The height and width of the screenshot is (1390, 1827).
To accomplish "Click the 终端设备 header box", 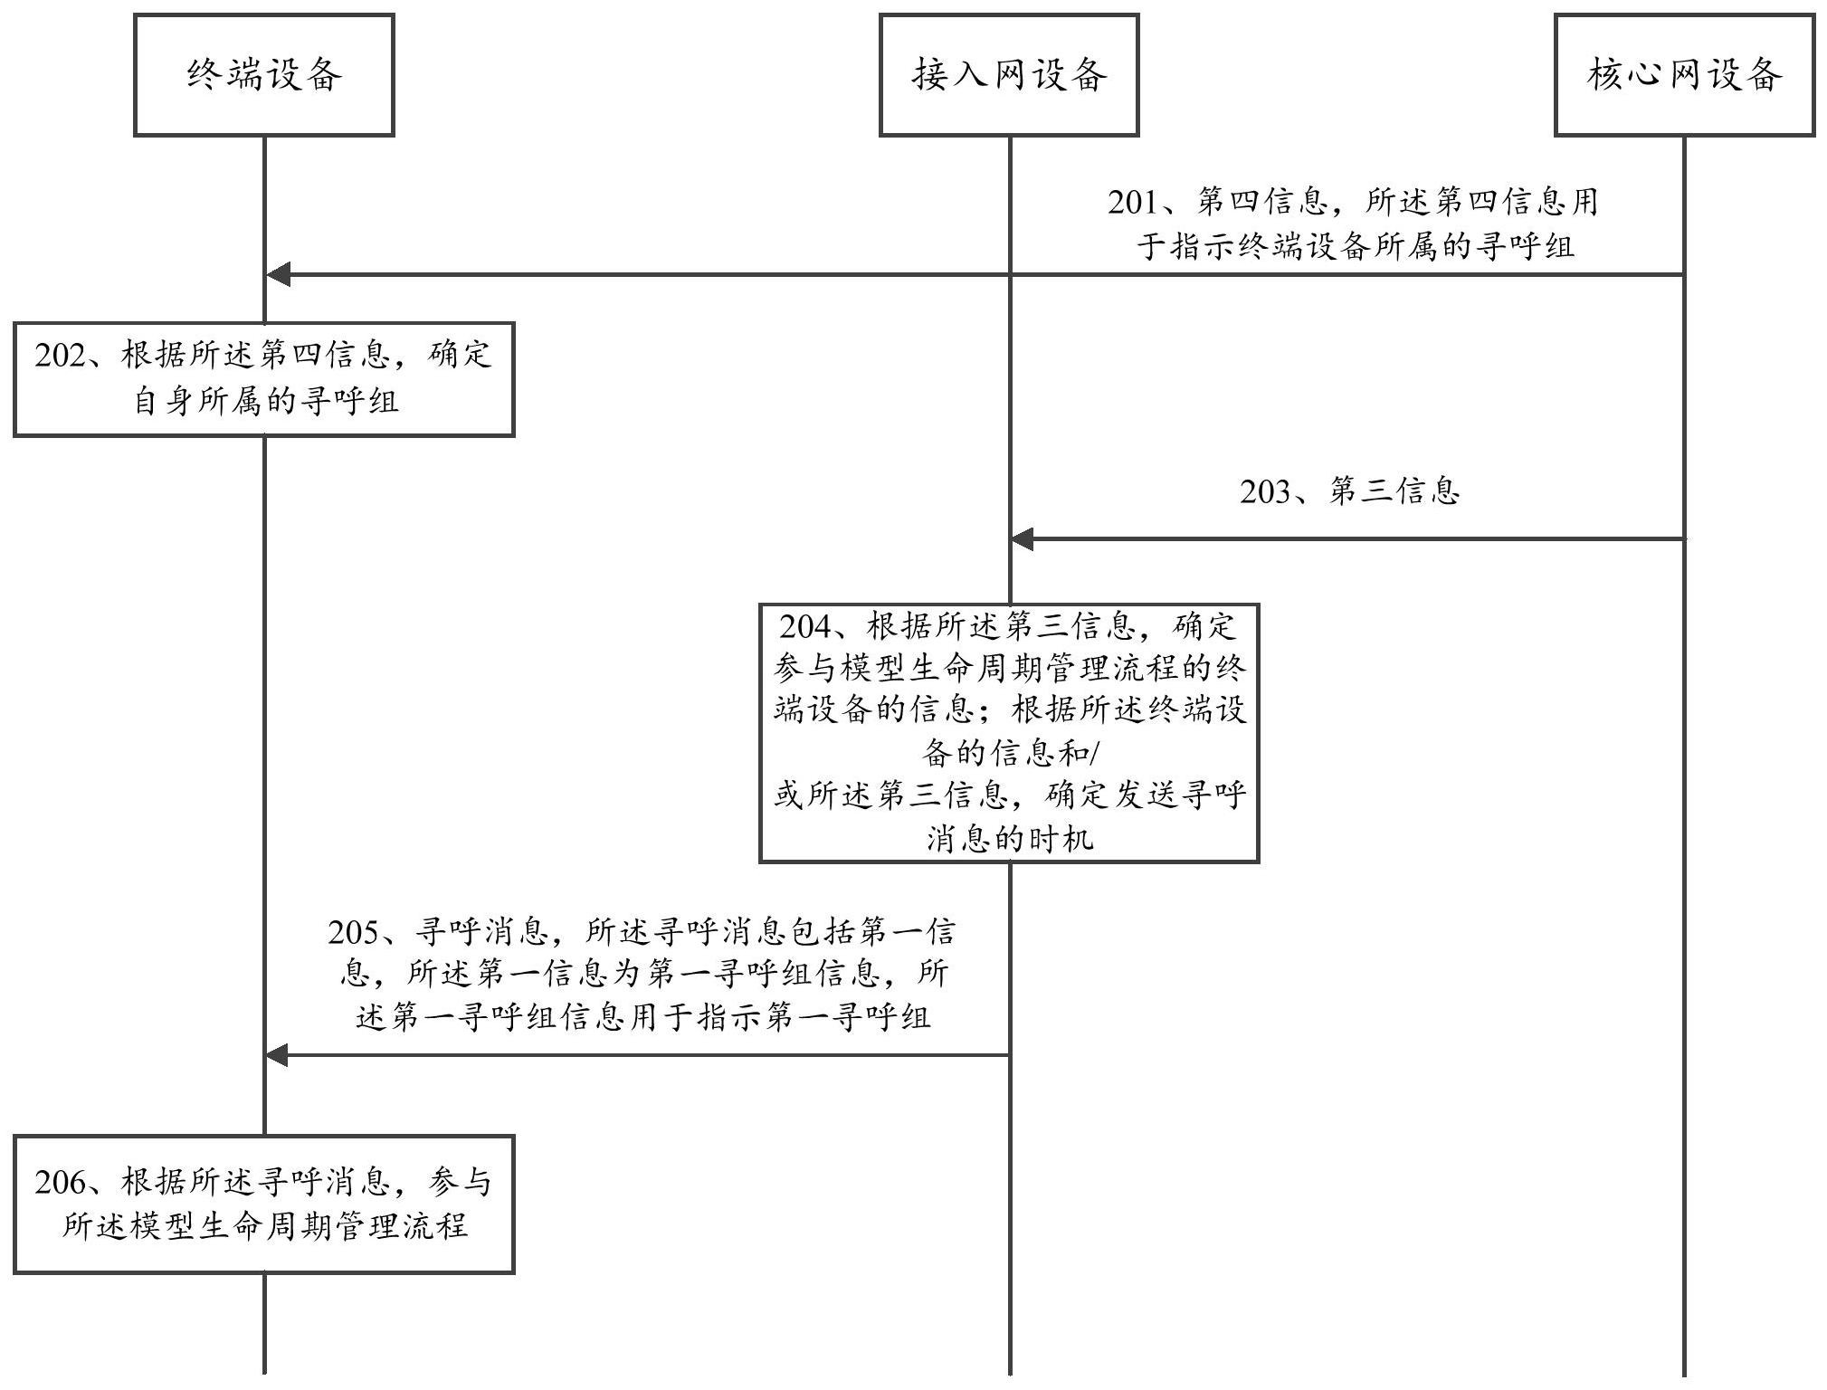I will click(x=264, y=75).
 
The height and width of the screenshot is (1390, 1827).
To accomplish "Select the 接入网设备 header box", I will click(x=1009, y=75).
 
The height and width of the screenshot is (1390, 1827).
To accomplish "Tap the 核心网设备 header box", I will click(x=1684, y=75).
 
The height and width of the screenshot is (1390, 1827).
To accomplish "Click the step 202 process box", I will click(x=264, y=379).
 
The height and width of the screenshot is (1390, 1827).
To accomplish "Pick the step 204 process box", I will click(x=1009, y=733).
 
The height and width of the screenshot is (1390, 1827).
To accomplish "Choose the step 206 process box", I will click(x=264, y=1204).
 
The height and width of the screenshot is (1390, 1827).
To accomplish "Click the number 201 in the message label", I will click(x=1133, y=202).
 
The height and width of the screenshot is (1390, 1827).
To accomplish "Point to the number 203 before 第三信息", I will click(x=1265, y=492).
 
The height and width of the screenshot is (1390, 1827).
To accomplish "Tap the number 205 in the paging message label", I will click(x=354, y=932).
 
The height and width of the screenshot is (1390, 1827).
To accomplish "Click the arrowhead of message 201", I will click(x=277, y=274).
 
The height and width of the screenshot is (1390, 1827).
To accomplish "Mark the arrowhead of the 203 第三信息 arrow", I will click(x=1023, y=540).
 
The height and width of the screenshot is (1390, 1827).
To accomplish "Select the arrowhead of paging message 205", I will click(x=277, y=1055).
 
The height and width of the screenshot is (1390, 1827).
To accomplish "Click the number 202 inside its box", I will click(x=60, y=356).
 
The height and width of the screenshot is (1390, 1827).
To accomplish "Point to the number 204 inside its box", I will click(x=804, y=626).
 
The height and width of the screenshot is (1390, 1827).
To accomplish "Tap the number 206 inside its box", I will click(x=60, y=1183).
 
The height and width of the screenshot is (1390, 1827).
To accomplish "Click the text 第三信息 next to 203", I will click(x=1394, y=492).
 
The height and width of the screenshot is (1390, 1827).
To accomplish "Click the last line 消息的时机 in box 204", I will click(x=1009, y=839).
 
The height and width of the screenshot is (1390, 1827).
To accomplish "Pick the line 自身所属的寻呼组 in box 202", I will click(x=265, y=401).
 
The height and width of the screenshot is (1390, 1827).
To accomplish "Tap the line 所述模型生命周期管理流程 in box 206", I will click(x=265, y=1226).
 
